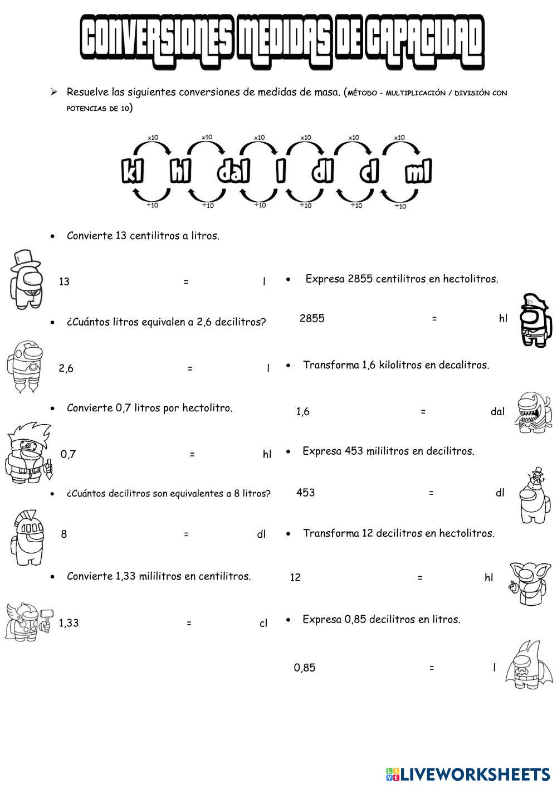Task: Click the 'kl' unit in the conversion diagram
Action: [133, 172]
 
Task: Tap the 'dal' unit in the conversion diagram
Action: [233, 172]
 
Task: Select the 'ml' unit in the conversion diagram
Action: [418, 172]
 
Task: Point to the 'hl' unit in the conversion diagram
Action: [180, 172]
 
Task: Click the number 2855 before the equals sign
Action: [312, 319]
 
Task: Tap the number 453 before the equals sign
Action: [305, 493]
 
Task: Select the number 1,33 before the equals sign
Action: [69, 624]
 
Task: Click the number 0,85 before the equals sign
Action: [305, 668]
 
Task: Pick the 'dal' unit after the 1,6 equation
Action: [497, 412]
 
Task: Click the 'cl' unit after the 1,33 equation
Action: [263, 624]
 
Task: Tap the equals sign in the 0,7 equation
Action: [192, 455]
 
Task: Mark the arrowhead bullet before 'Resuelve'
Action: [54, 92]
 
